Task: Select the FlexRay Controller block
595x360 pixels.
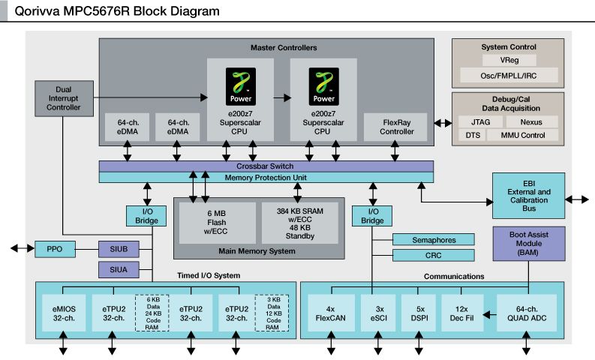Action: click(396, 127)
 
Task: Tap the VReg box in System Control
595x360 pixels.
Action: click(509, 60)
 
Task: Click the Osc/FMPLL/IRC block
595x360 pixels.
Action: click(509, 75)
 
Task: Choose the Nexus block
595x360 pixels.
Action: click(532, 121)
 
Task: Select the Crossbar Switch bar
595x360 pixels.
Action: click(266, 166)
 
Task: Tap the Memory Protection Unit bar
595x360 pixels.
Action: click(266, 177)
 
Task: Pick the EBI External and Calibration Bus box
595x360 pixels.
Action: click(528, 197)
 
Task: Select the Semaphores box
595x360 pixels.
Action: click(434, 239)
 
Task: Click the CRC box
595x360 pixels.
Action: click(434, 256)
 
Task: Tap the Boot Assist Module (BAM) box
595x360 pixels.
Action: click(528, 244)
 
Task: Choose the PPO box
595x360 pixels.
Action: click(53, 248)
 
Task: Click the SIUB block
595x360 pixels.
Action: click(119, 248)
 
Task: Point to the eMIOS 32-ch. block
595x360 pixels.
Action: click(64, 312)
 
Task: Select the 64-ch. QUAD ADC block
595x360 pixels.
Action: click(527, 312)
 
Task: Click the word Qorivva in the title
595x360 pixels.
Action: click(38, 11)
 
